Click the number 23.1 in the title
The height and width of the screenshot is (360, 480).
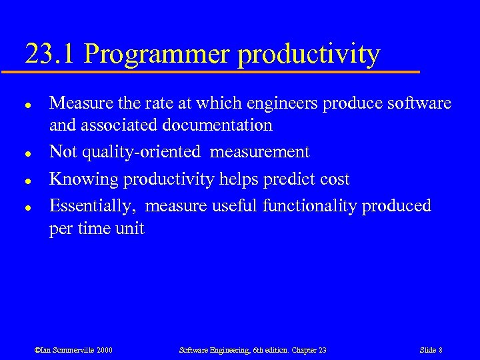coord(51,53)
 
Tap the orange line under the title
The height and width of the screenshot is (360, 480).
coord(220,71)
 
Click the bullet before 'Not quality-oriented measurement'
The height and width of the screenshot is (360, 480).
coord(24,153)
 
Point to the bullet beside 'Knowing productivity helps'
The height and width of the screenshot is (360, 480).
coord(24,179)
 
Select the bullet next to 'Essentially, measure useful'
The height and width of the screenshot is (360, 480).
coord(24,207)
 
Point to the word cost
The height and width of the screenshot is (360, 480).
coord(335,179)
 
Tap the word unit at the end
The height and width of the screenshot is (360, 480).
coord(131,229)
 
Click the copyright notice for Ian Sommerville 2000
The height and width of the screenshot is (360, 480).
coord(74,350)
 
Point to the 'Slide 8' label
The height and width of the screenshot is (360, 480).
coord(431,350)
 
